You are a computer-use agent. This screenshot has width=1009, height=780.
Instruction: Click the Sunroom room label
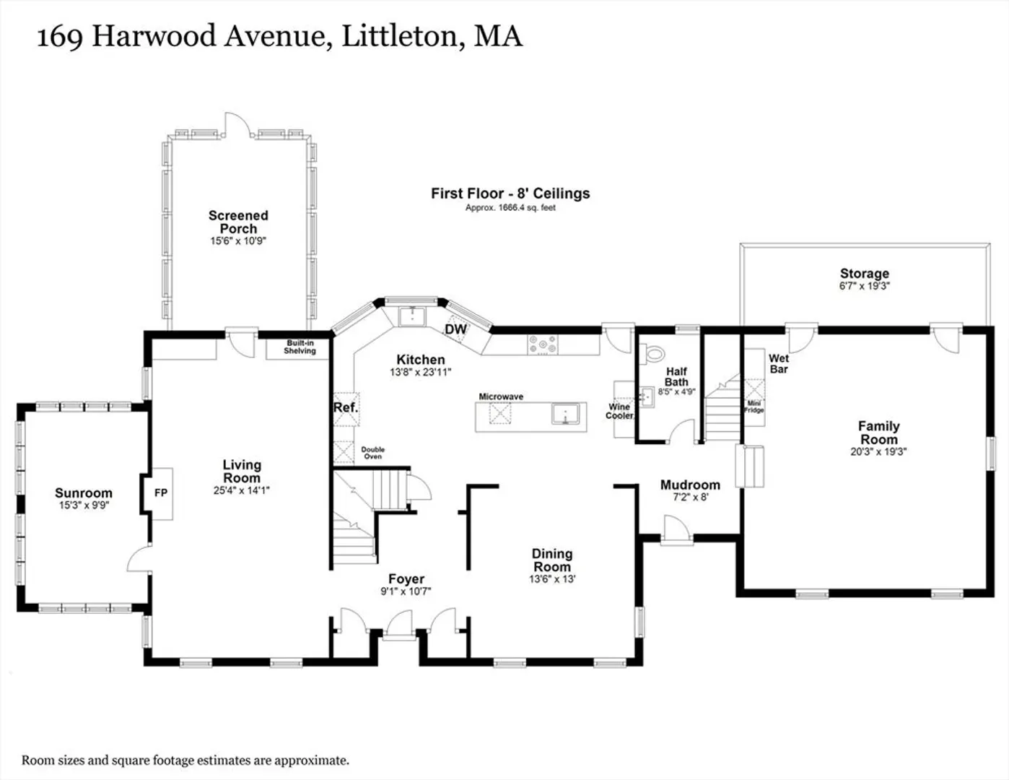coord(84,493)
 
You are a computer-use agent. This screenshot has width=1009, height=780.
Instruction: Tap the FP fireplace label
coord(161,493)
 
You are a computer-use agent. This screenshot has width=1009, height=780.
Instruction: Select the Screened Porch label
coord(238,222)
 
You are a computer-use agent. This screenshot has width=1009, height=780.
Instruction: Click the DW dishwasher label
coord(455,329)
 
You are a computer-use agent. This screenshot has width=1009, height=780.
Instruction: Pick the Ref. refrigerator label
coord(346,407)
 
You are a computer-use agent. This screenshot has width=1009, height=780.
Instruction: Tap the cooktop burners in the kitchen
coord(542,344)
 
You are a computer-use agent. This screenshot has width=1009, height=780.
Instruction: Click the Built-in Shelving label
coord(300,347)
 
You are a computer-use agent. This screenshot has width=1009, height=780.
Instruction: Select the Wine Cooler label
coord(620,411)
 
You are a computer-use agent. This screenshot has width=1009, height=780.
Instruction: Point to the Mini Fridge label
coord(754,407)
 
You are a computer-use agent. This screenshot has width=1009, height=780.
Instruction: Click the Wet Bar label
coord(779,364)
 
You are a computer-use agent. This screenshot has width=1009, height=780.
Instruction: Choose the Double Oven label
coord(373,453)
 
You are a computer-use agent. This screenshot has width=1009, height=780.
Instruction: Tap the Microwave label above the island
coord(501,396)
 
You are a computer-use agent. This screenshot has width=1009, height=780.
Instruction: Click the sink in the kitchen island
coord(565,415)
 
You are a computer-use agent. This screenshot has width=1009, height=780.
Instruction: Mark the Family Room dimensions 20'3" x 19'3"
coord(878,451)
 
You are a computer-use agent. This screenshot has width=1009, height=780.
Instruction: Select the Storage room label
coord(865,273)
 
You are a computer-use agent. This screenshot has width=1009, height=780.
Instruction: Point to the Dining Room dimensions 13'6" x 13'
coord(552,578)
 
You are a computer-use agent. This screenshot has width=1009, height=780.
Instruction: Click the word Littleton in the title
coord(403,36)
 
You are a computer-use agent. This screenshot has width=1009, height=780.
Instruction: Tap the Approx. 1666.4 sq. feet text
coord(510,208)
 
